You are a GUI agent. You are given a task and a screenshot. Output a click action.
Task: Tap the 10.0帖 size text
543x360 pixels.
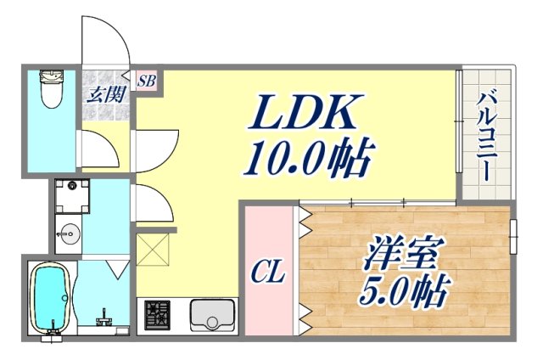(x=311, y=159)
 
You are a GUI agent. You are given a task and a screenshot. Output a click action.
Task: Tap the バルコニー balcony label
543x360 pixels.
(x=486, y=135)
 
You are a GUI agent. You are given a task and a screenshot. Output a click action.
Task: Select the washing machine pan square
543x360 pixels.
(x=71, y=194)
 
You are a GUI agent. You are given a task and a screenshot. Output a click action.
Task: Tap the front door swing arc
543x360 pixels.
(x=104, y=38)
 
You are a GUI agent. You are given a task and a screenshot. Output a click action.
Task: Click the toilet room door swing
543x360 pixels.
(x=100, y=149)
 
